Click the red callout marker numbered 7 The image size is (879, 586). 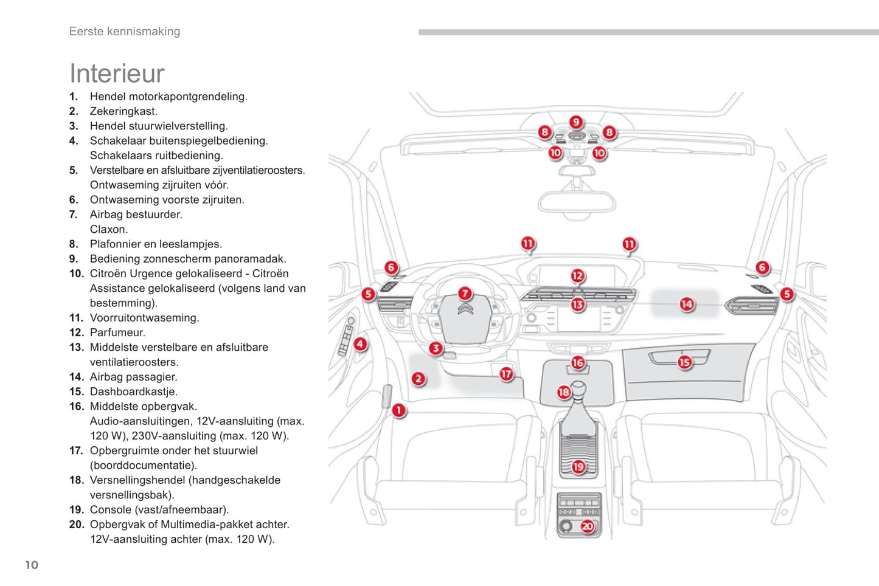pyautogui.click(x=465, y=294)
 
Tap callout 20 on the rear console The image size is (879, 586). pyautogui.click(x=587, y=526)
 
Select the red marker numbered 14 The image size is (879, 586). pyautogui.click(x=687, y=304)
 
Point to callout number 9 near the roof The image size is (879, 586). pyautogui.click(x=575, y=122)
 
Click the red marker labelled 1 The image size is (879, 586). pyautogui.click(x=398, y=410)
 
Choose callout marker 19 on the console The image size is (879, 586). pyautogui.click(x=578, y=467)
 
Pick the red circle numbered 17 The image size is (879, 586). pyautogui.click(x=506, y=374)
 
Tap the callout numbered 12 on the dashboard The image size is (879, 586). pyautogui.click(x=577, y=276)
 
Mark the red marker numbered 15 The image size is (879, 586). pyautogui.click(x=685, y=362)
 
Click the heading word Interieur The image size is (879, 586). pyautogui.click(x=117, y=74)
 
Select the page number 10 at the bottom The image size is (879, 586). pyautogui.click(x=32, y=565)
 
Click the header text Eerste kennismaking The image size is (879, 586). pyautogui.click(x=125, y=32)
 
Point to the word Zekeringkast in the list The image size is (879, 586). pyautogui.click(x=123, y=111)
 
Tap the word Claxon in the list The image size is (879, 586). pyautogui.click(x=108, y=229)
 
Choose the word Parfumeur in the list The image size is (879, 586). pyautogui.click(x=117, y=333)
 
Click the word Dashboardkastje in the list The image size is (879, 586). pyautogui.click(x=133, y=391)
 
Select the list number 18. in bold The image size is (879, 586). pyautogui.click(x=76, y=480)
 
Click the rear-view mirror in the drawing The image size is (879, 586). pyautogui.click(x=576, y=202)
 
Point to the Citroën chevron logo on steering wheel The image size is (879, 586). pyautogui.click(x=465, y=311)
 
